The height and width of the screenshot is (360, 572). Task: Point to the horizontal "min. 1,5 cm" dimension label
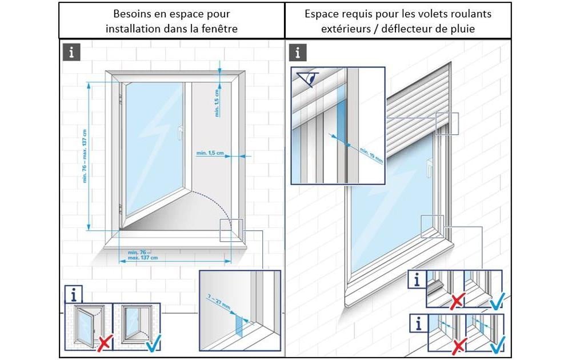pyautogui.click(x=210, y=153)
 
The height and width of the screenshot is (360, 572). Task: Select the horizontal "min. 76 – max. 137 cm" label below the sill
pyautogui.click(x=142, y=255)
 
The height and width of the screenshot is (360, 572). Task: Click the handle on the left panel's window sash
pyautogui.click(x=180, y=133)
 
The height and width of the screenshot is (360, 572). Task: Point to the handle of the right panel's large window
pyautogui.click(x=429, y=166)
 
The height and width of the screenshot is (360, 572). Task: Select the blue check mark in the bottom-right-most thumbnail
pyautogui.click(x=496, y=343)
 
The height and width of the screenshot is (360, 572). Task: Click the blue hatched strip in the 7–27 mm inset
pyautogui.click(x=239, y=326)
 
